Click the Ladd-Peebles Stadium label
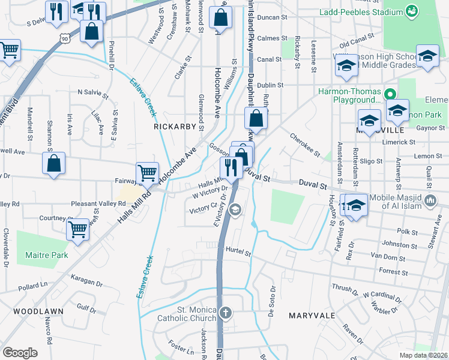click(370, 12)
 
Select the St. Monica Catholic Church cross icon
click(225, 312)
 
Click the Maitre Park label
click(46, 255)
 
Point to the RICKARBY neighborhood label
click(175, 127)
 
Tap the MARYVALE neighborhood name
click(312, 316)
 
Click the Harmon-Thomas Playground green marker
click(389, 94)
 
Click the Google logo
click(20, 353)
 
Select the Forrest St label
click(394, 272)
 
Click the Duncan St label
click(272, 18)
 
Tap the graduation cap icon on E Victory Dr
click(236, 209)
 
